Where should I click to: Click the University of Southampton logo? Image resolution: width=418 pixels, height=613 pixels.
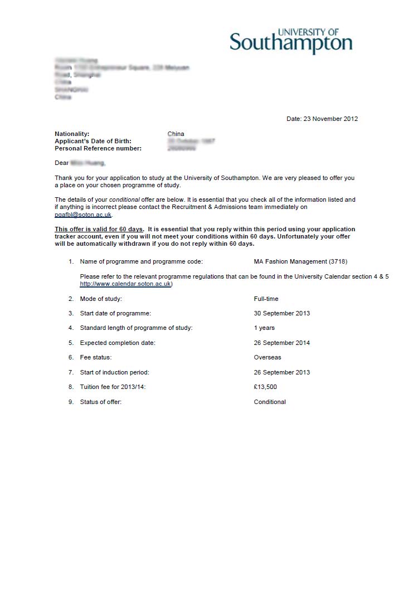291,41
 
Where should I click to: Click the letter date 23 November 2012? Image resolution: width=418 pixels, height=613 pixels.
322,119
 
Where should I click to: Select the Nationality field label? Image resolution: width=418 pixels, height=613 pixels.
72,134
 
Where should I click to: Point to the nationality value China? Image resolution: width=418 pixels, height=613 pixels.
176,134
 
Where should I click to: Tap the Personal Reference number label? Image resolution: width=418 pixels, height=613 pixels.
98,148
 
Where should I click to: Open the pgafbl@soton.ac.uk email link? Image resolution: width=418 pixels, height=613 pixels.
83,215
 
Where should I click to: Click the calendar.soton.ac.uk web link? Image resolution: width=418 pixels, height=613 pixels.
126,284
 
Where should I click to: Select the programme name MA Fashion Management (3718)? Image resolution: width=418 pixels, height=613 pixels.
300,261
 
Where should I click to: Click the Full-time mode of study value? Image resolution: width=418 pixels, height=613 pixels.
266,299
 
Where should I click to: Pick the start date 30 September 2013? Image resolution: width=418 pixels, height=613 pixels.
281,313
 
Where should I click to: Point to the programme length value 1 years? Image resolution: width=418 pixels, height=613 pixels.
264,328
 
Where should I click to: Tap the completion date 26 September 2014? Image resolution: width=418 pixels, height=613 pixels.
281,343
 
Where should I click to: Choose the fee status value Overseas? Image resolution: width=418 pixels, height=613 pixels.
268,357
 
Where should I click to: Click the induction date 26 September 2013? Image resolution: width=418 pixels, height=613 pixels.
281,372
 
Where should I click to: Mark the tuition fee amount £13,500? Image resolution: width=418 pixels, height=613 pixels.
265,387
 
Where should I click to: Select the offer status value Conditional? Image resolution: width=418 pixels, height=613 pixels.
270,402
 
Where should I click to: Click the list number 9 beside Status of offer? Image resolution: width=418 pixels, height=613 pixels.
71,402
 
